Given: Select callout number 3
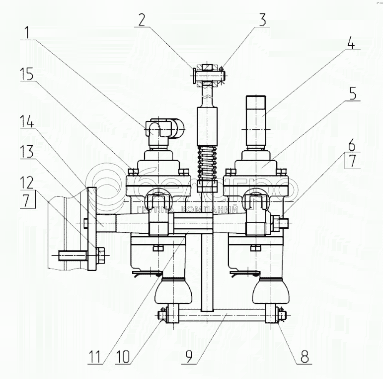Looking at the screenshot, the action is [262, 20].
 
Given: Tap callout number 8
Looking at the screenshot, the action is [303, 357].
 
